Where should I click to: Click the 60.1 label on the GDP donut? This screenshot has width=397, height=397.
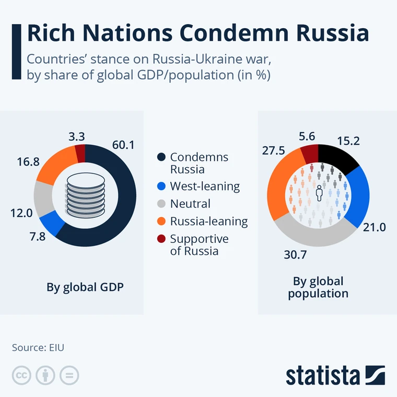[123, 145]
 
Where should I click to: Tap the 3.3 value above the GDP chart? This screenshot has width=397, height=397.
[77, 136]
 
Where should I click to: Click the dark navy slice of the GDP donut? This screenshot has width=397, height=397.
[123, 209]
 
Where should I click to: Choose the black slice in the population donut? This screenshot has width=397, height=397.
[338, 156]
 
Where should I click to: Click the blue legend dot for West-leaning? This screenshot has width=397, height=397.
[161, 186]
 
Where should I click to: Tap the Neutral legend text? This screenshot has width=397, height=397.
[190, 204]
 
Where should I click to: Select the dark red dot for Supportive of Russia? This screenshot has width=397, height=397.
[161, 239]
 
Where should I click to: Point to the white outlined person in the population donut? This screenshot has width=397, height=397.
[319, 194]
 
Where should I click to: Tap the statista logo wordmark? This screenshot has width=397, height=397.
[323, 375]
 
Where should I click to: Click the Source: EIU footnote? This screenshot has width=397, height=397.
[38, 347]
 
